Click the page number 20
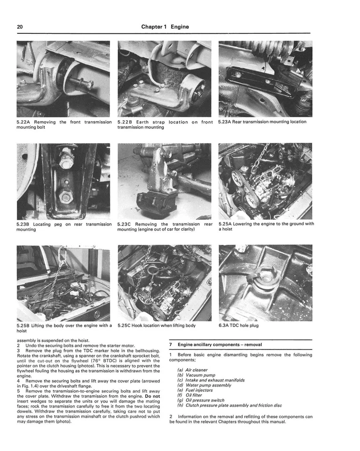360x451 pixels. (x=20, y=27)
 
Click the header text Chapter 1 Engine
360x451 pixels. (x=165, y=27)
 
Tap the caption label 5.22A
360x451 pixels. (x=24, y=122)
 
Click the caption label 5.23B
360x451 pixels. (x=24, y=224)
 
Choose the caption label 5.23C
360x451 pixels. (x=125, y=224)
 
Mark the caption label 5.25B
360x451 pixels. (x=24, y=325)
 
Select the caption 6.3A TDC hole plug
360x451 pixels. (x=238, y=325)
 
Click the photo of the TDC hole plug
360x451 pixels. (x=265, y=282)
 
